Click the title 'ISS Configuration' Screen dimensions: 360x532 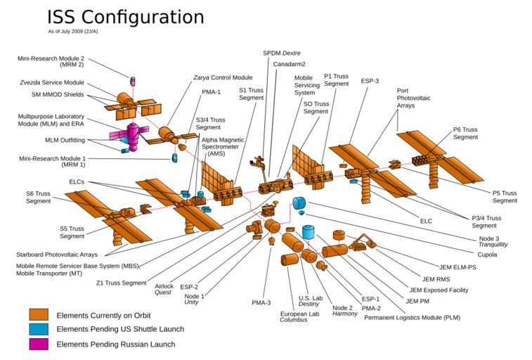point(125,17)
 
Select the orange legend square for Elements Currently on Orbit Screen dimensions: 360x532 point(39,315)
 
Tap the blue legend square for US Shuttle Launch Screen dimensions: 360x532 point(39,329)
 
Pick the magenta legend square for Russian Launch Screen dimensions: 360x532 point(39,344)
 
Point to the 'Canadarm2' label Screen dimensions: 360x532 point(289,64)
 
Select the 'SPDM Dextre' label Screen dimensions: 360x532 point(281,53)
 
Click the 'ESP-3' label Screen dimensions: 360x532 point(370,81)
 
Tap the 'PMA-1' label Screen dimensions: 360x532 point(212,91)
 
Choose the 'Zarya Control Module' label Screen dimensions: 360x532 point(223,77)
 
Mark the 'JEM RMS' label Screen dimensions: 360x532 point(436,278)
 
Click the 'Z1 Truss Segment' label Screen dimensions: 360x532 point(122,283)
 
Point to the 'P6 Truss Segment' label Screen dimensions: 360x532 point(465,133)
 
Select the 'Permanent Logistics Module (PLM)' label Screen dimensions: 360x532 point(412,317)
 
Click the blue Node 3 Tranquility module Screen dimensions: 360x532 point(299,202)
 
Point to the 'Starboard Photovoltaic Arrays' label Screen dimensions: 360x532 point(56,255)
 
